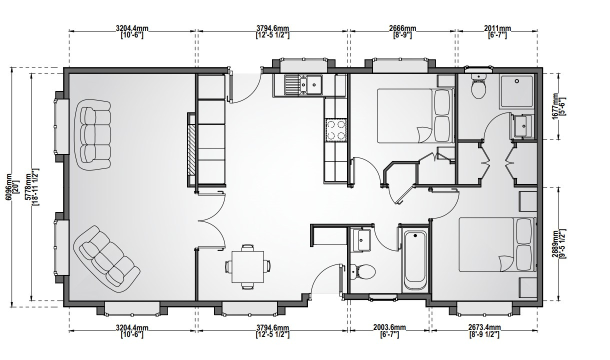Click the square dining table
pos(247,267)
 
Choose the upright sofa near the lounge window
pos(92,135)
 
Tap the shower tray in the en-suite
pos(516,91)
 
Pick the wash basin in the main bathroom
pos(362,240)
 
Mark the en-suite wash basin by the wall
pos(523,126)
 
